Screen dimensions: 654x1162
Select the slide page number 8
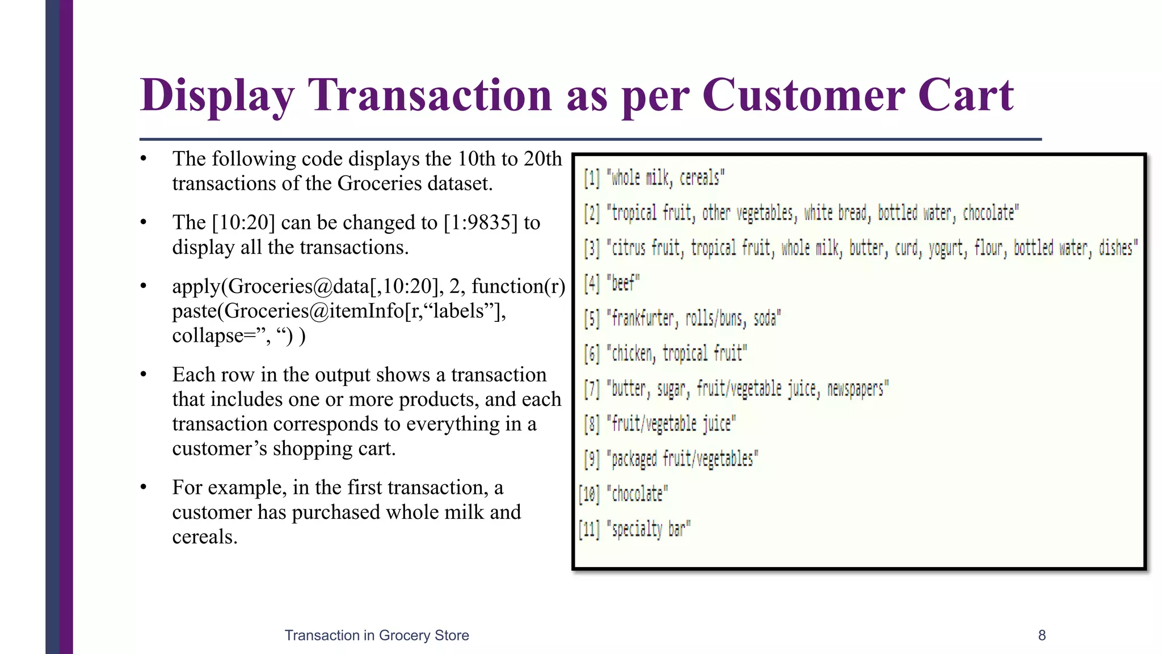point(1042,635)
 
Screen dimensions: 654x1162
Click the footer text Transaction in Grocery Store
point(377,635)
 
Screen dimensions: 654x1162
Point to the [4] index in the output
point(592,283)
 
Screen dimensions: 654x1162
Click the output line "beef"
point(624,283)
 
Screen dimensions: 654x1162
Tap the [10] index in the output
point(590,494)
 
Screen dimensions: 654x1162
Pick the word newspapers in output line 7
point(856,389)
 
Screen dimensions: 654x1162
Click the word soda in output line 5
point(765,318)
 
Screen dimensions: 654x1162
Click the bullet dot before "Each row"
point(144,375)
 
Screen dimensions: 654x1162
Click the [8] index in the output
point(592,424)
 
